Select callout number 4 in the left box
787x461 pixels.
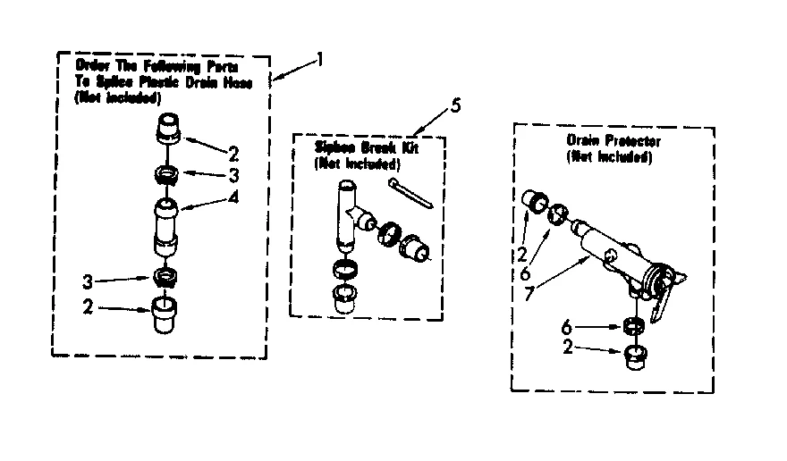[x=233, y=197]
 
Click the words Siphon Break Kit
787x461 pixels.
[x=366, y=148]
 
